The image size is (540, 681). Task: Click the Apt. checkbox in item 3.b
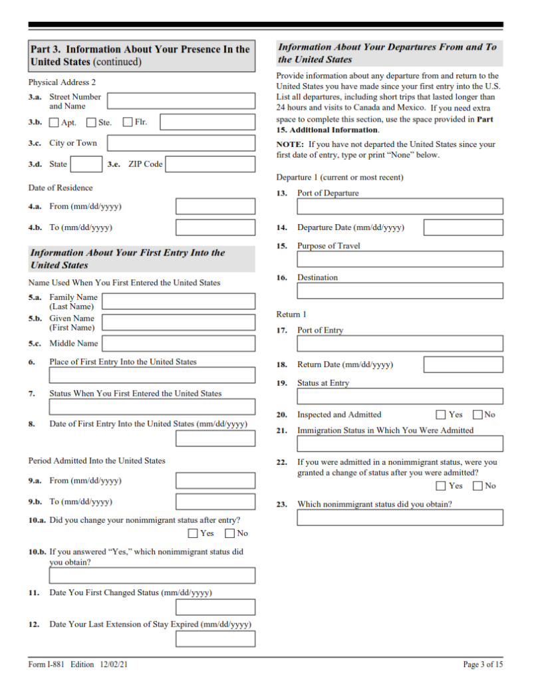click(x=54, y=122)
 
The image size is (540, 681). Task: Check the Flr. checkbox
click(x=128, y=122)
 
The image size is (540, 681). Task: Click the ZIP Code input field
click(x=210, y=164)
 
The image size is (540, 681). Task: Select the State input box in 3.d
click(x=86, y=164)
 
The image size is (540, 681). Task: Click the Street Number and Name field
click(x=181, y=101)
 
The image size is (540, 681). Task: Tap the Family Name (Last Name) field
click(x=178, y=302)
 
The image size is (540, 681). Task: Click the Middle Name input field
click(x=178, y=344)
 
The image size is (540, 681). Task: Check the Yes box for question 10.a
click(x=193, y=533)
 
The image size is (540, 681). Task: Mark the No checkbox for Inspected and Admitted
click(x=477, y=415)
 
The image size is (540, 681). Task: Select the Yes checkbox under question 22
click(x=442, y=486)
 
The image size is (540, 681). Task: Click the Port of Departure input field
click(x=400, y=206)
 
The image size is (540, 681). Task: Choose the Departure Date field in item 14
click(x=463, y=227)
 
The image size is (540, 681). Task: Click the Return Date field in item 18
click(x=463, y=364)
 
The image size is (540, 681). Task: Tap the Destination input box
click(x=400, y=291)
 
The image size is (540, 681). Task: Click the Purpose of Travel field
click(x=400, y=259)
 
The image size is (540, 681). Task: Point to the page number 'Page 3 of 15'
click(x=483, y=664)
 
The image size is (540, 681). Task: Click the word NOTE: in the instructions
click(x=290, y=144)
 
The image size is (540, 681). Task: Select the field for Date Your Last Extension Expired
click(x=215, y=639)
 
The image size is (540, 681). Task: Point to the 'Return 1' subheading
click(x=291, y=314)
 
